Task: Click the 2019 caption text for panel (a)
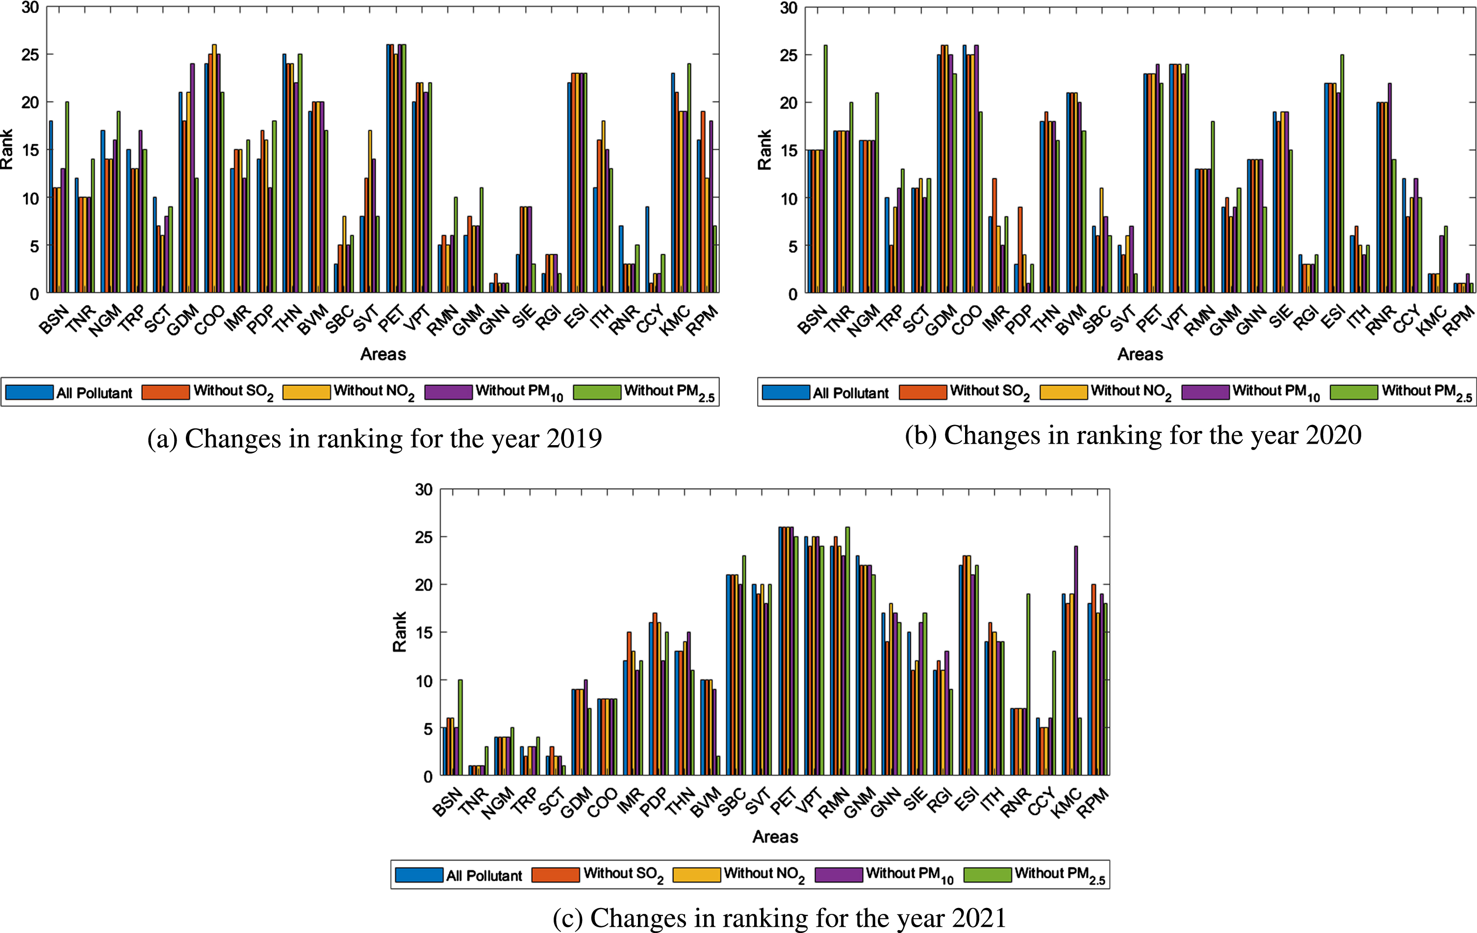(374, 439)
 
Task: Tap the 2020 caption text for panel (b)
(1133, 436)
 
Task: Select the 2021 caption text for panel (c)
(780, 918)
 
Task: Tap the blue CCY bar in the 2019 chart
(647, 250)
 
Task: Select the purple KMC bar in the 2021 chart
(1076, 661)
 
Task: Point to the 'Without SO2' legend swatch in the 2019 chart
(166, 392)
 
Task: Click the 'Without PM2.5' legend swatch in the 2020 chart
(1354, 392)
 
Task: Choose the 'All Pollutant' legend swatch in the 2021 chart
(419, 875)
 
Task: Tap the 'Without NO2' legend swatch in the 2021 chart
(697, 875)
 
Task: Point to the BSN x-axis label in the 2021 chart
(447, 802)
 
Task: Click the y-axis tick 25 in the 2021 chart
(424, 537)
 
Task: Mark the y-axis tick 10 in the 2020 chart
(789, 198)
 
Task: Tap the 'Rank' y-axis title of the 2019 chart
(7, 149)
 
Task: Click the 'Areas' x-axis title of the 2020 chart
(1140, 354)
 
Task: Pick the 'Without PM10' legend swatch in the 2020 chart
(1205, 392)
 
